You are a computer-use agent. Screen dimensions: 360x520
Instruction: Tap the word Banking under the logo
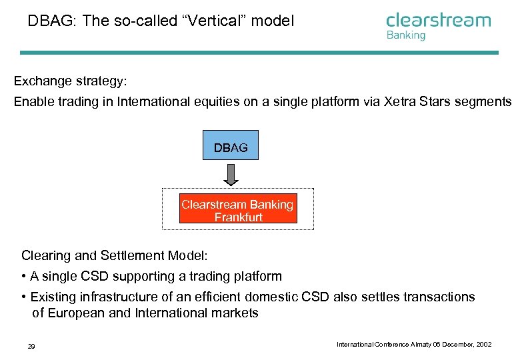405,35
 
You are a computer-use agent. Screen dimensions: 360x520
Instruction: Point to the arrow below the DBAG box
231,175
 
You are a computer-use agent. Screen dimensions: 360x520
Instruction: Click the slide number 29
31,345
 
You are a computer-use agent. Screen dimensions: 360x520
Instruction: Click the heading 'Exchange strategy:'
70,81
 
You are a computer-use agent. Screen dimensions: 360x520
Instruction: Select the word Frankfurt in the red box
238,217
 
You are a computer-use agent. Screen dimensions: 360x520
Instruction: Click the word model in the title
275,21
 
